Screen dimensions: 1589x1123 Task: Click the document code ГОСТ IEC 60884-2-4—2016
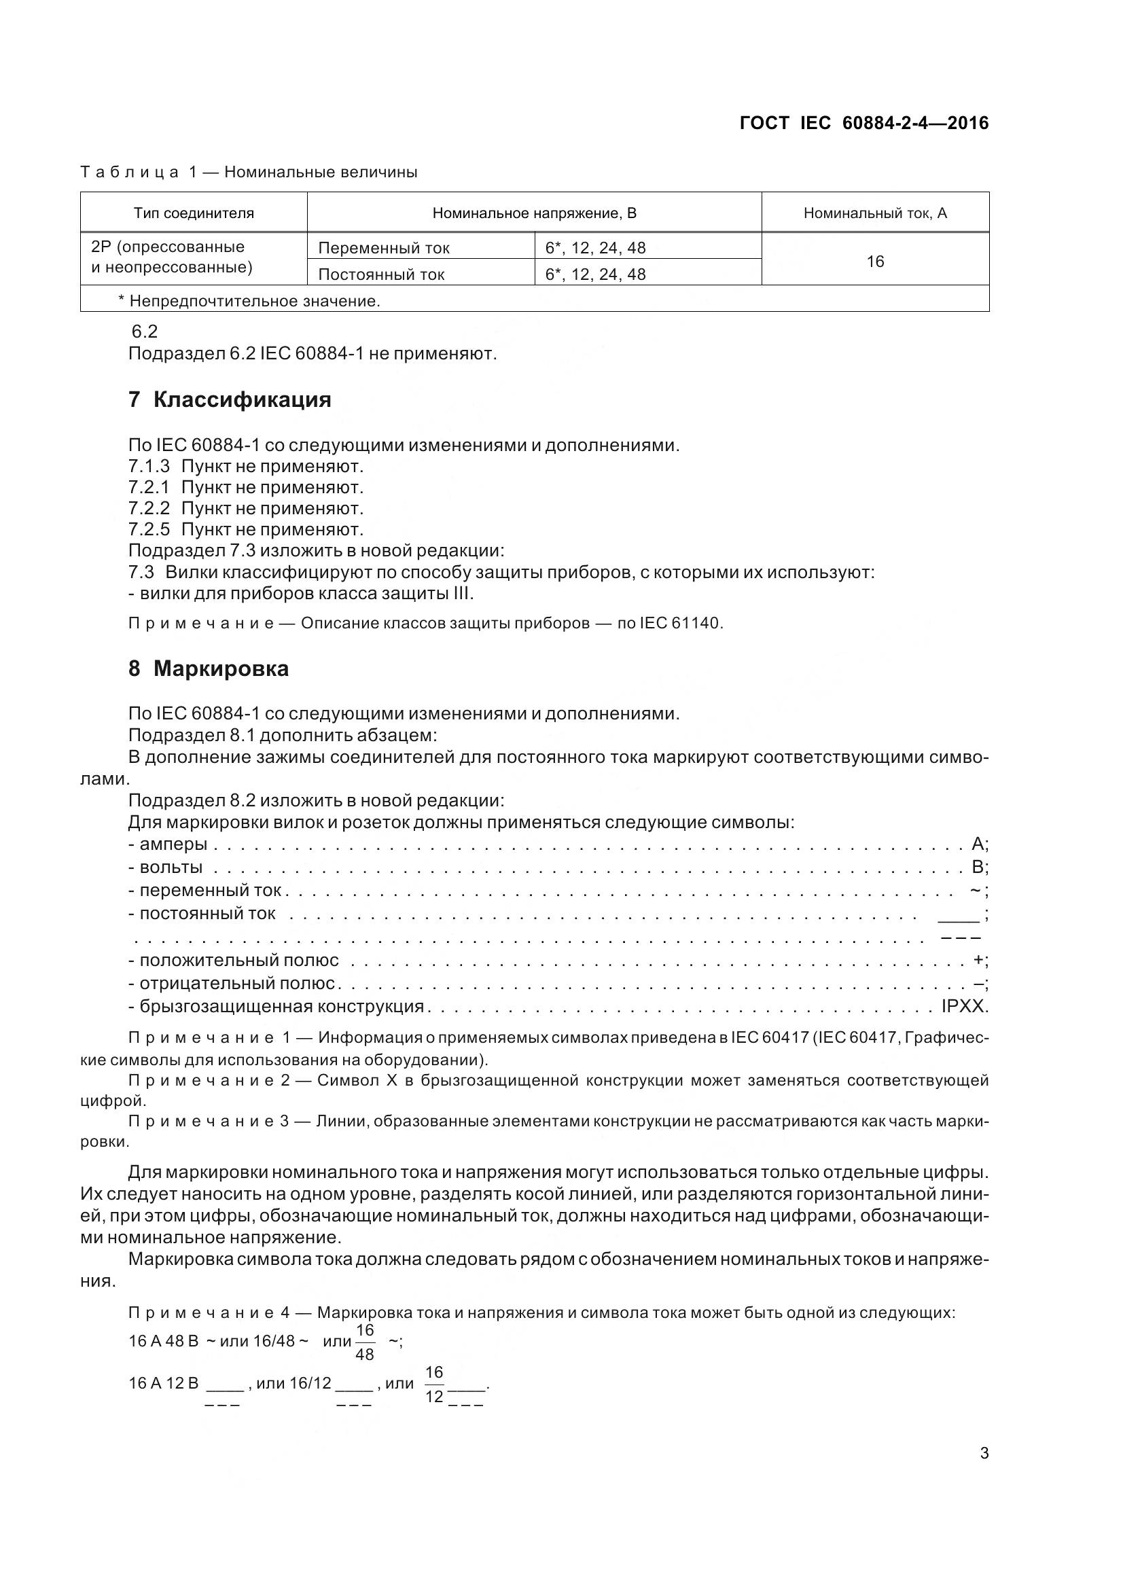coord(863,123)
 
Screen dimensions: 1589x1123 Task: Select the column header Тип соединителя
coord(194,213)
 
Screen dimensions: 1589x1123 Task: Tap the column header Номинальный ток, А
coord(874,213)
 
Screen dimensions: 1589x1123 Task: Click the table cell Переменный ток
coord(383,248)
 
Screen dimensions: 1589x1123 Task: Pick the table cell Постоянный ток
coord(380,274)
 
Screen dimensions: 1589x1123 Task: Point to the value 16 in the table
coord(874,261)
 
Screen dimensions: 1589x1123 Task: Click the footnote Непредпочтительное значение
coord(254,301)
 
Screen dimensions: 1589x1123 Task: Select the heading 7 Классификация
coord(230,399)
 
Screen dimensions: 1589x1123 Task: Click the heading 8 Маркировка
coord(209,668)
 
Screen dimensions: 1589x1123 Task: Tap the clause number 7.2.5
coord(149,529)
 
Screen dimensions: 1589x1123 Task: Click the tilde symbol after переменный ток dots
coord(975,889)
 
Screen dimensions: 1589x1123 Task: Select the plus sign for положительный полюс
coord(978,960)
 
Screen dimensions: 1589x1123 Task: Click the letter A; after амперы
coord(978,844)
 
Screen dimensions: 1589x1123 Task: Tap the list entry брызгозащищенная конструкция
coord(281,1005)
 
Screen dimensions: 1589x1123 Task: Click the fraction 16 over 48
coord(365,1342)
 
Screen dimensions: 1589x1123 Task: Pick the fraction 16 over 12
coord(434,1384)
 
